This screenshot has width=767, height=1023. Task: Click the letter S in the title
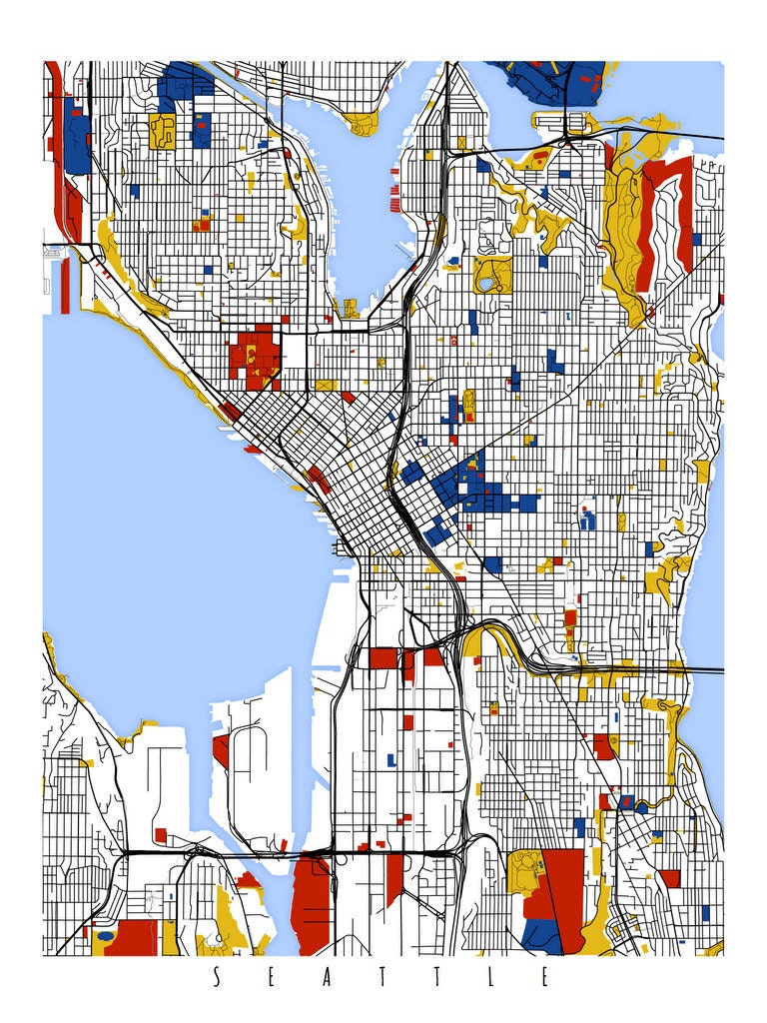[217, 978]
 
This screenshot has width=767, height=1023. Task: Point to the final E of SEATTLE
[545, 978]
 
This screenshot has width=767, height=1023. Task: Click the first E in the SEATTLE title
[272, 978]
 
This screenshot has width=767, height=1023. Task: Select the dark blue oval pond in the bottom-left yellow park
[104, 937]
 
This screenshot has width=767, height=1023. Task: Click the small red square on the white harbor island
[161, 834]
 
